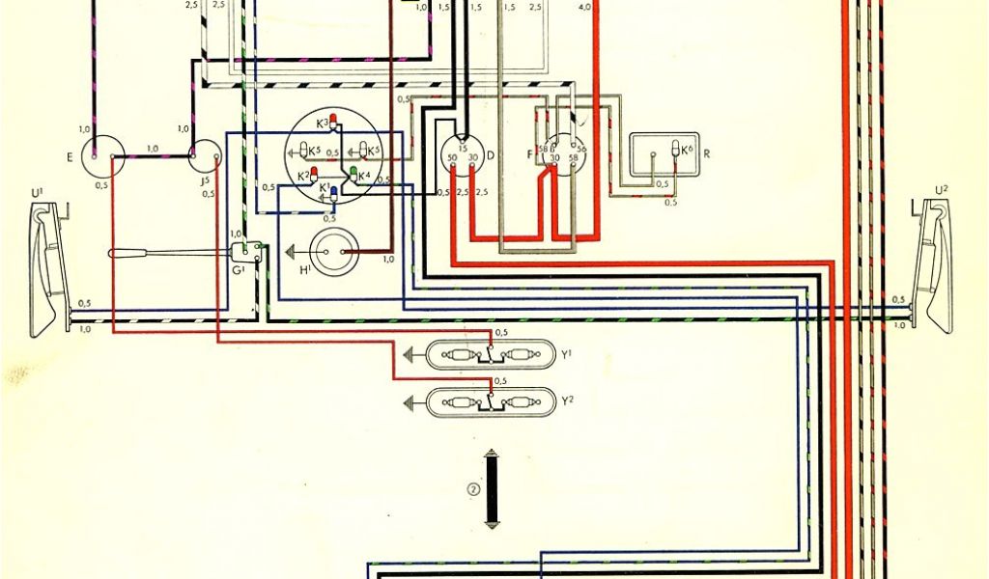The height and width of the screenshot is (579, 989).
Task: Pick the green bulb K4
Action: click(354, 175)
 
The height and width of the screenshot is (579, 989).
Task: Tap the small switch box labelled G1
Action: click(249, 252)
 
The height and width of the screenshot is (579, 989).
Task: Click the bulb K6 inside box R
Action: click(675, 151)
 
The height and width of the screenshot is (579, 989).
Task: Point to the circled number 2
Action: click(471, 488)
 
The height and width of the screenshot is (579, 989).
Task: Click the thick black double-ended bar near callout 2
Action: click(493, 488)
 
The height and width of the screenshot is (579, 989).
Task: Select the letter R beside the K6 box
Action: click(708, 152)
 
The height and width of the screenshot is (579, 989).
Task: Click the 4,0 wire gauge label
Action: click(585, 7)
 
